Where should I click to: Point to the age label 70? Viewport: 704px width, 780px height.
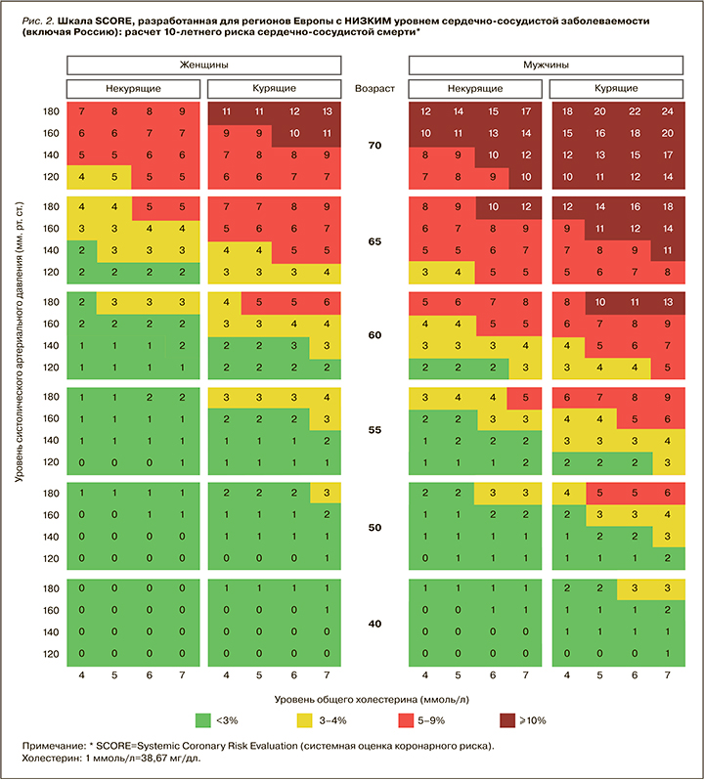[375, 146]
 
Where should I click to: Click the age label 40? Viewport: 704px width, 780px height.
[375, 623]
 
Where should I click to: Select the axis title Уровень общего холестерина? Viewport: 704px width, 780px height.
[375, 699]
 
